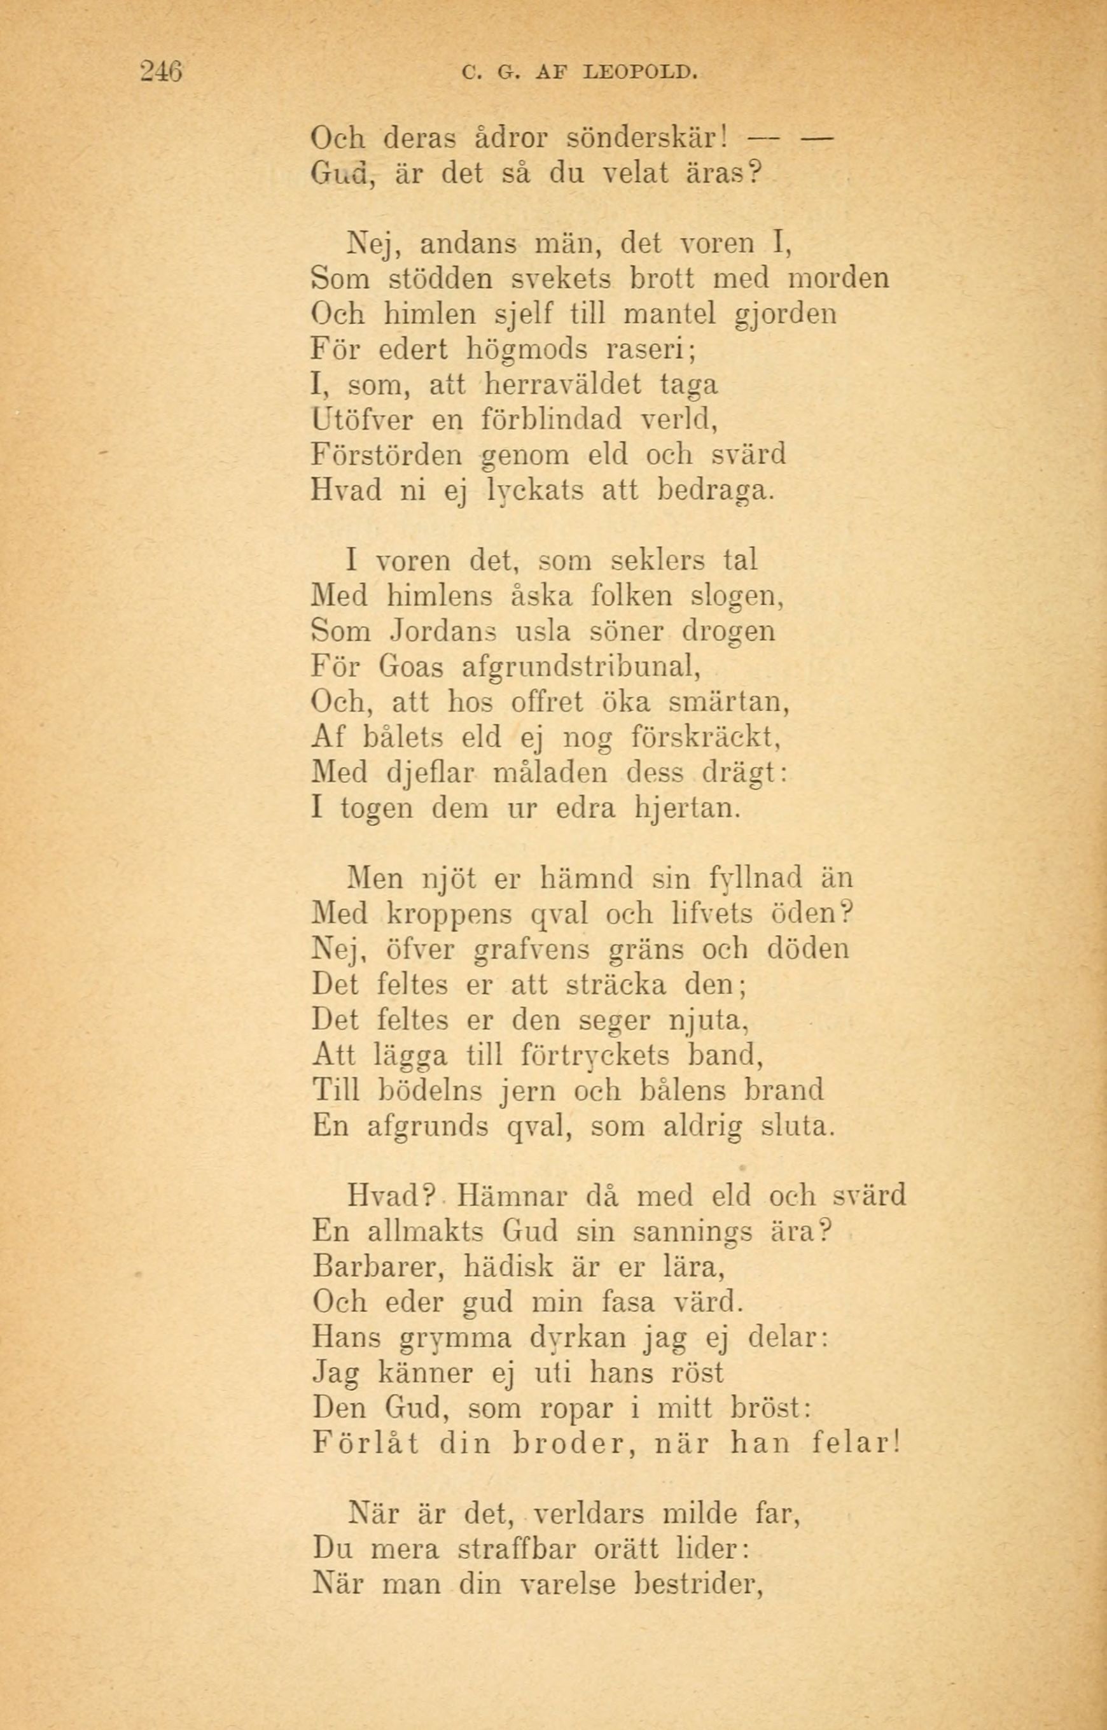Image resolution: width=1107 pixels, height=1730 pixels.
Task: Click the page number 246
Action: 162,72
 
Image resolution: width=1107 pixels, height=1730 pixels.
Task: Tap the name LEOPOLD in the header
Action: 641,73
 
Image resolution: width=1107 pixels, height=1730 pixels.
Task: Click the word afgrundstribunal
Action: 580,666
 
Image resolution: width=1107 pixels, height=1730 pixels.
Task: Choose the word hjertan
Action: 687,808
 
